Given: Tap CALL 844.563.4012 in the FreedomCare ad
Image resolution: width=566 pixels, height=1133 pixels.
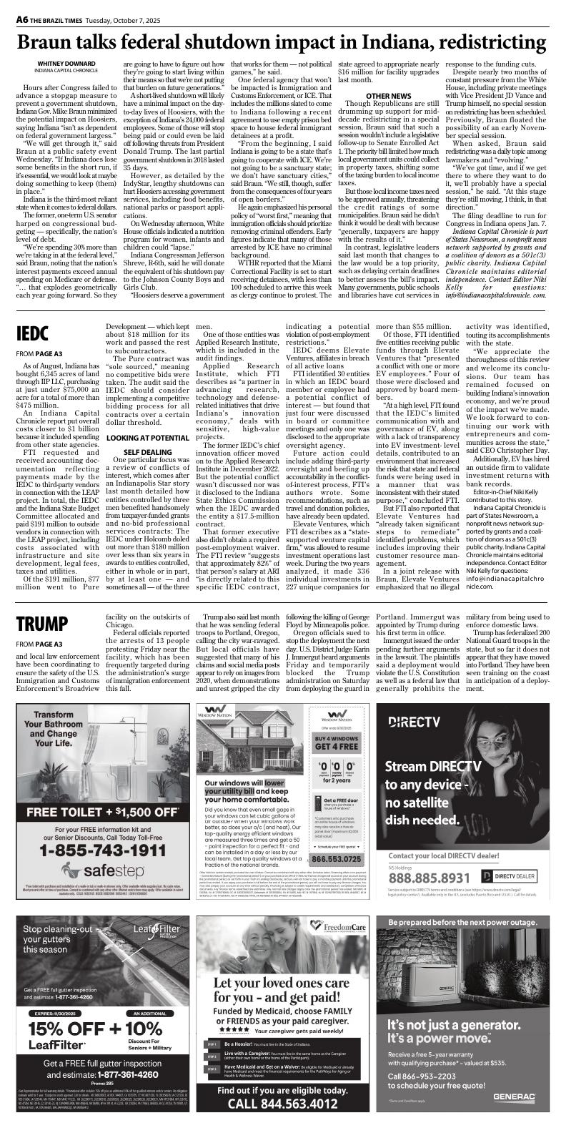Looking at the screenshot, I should tap(282, 1104).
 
